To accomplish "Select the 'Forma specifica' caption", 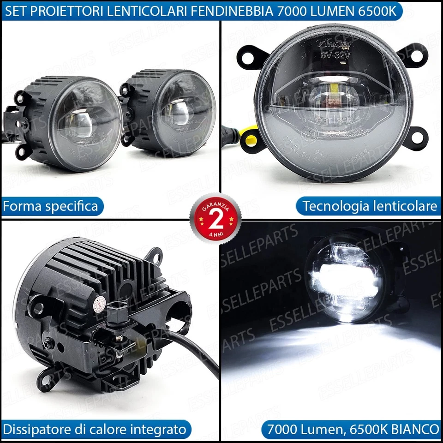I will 50,206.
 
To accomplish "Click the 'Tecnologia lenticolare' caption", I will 369,206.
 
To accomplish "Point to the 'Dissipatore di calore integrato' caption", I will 94,430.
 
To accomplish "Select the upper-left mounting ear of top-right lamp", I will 249,57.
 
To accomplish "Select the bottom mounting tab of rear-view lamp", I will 48,378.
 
